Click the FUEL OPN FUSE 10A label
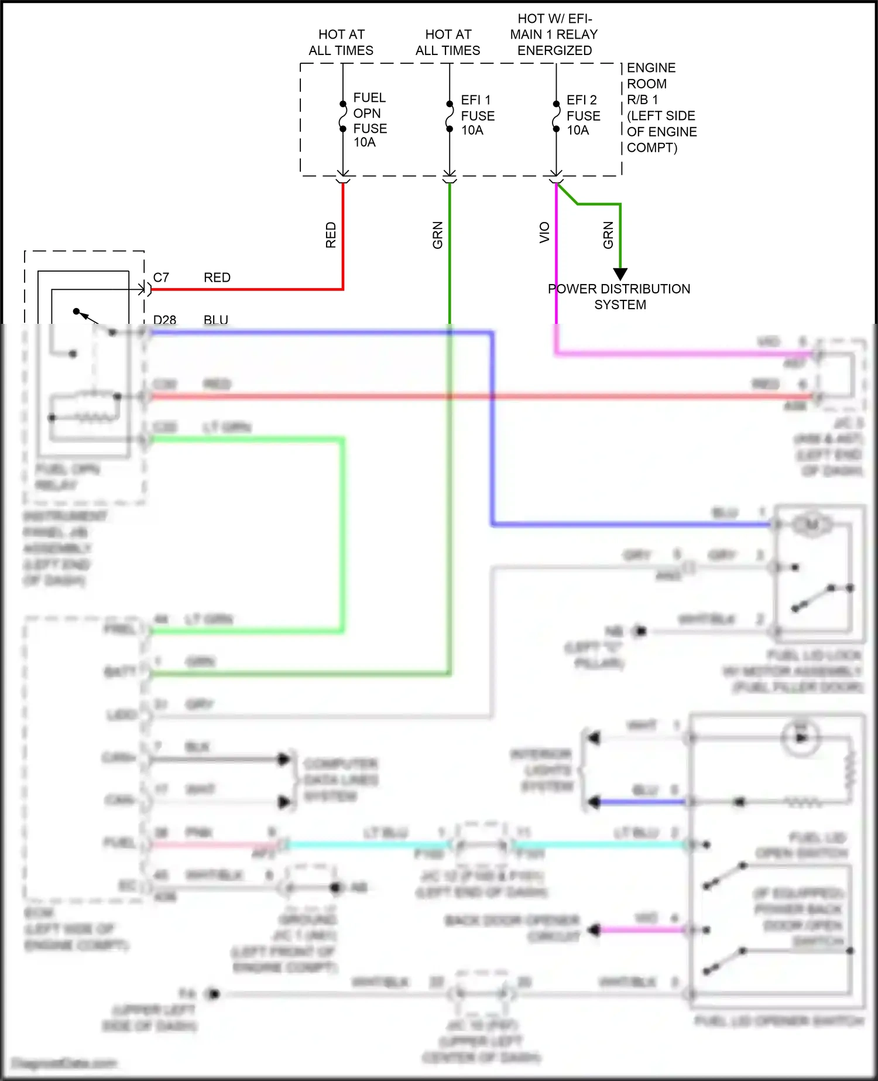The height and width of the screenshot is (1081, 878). click(x=369, y=119)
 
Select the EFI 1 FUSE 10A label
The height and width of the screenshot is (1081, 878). click(x=477, y=115)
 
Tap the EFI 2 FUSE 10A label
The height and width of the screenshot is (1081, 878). click(x=583, y=115)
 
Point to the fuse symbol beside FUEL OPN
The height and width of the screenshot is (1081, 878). click(x=343, y=117)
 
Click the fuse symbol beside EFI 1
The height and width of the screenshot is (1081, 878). click(x=450, y=117)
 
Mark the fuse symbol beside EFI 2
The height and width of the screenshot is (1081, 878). click(x=556, y=117)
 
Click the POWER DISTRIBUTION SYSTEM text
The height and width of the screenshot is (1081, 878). click(x=619, y=297)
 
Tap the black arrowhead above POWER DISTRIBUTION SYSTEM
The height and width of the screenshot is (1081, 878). click(x=620, y=274)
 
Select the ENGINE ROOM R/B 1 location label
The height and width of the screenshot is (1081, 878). click(x=661, y=108)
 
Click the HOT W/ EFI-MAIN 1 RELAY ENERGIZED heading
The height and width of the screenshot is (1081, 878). click(x=554, y=35)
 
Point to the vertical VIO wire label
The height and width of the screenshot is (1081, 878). click(x=544, y=232)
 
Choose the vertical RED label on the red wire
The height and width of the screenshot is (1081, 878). click(x=331, y=235)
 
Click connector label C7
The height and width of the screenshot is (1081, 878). click(x=161, y=278)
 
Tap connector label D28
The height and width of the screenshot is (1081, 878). click(x=164, y=320)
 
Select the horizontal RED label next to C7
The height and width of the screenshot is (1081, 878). click(x=217, y=278)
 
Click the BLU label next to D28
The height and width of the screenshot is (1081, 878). click(x=216, y=320)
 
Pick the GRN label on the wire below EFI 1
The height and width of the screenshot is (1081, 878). click(x=437, y=235)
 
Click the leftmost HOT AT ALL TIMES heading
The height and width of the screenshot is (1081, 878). click(x=341, y=42)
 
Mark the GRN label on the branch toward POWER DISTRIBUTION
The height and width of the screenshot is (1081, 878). click(x=608, y=235)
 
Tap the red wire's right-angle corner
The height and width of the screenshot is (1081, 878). click(x=343, y=289)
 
